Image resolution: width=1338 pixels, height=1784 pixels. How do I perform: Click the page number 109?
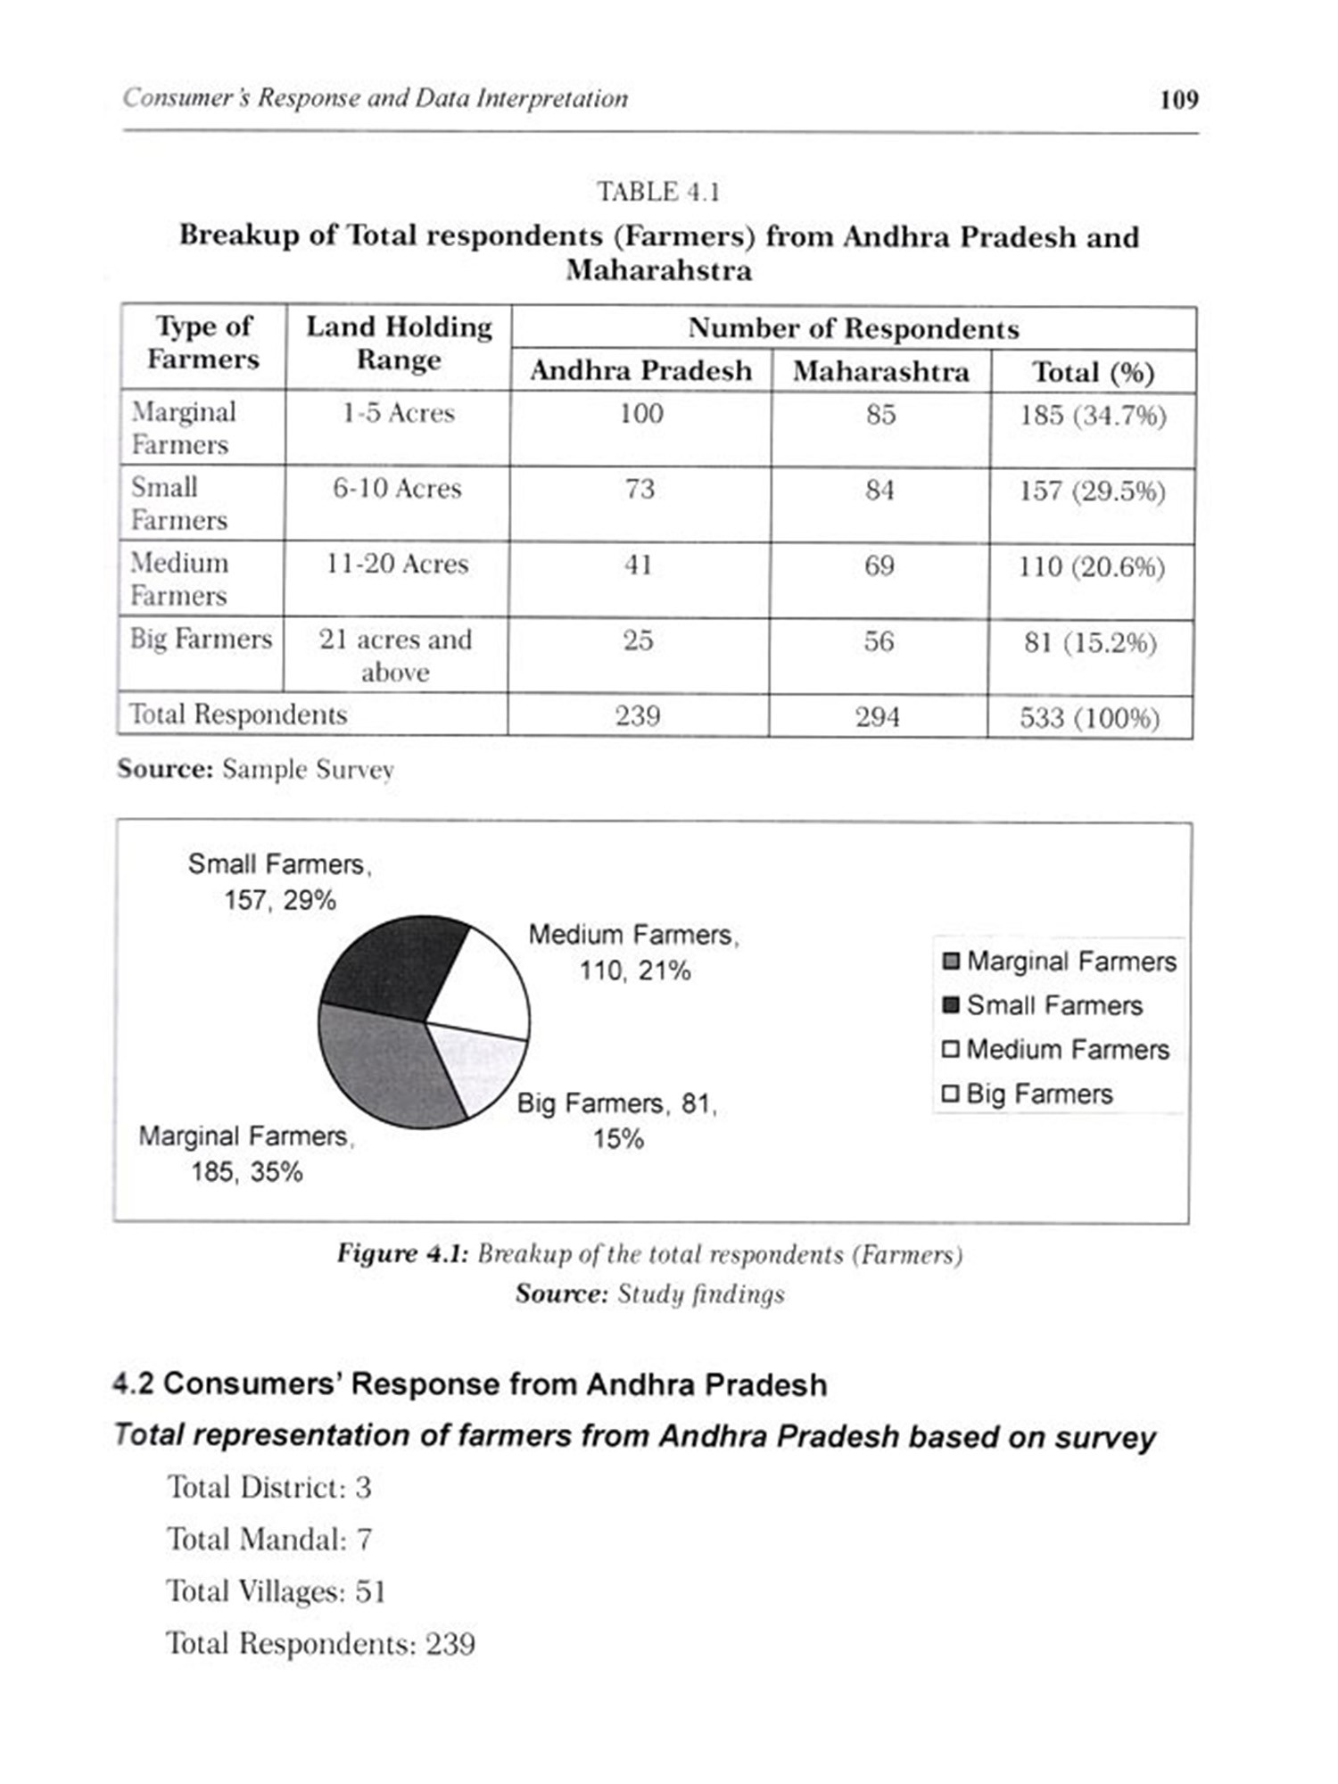point(1178,99)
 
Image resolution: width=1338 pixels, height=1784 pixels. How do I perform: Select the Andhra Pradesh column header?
point(640,370)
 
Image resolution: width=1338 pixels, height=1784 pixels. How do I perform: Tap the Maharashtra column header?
point(880,371)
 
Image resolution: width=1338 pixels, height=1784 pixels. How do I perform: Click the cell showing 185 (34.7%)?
point(1093,416)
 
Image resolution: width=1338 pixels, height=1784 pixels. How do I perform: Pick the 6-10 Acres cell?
point(397,489)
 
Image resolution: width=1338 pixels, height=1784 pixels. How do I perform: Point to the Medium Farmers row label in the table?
point(179,579)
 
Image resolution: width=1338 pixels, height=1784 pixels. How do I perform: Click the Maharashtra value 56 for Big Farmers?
point(879,641)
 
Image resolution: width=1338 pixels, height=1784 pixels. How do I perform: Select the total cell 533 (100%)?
point(1089,718)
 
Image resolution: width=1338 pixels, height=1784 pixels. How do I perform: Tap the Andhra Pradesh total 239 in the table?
point(638,716)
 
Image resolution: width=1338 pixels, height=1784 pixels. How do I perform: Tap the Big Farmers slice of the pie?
point(477,1066)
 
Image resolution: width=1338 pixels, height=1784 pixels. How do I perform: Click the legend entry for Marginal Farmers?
point(1060,962)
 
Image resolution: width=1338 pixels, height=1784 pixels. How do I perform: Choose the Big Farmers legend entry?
point(1028,1094)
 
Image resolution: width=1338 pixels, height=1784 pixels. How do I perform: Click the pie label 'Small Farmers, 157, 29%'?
point(279,881)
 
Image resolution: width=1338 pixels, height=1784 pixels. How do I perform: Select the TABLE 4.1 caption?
point(658,192)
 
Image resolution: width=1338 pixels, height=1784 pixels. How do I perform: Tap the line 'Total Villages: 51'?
point(276,1591)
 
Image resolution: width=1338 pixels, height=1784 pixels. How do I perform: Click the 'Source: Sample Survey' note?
point(255,769)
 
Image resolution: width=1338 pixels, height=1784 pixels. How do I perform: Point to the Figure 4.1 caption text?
point(649,1254)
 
